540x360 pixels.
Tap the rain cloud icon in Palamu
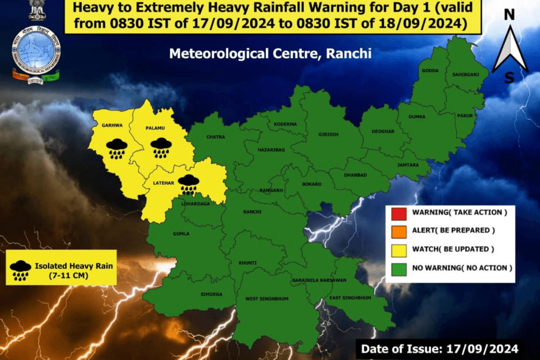161,148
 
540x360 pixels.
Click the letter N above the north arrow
509,15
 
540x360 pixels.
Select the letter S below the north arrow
509,78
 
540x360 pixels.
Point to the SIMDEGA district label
209,294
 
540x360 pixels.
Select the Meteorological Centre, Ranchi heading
270,54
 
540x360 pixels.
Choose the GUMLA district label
181,234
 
